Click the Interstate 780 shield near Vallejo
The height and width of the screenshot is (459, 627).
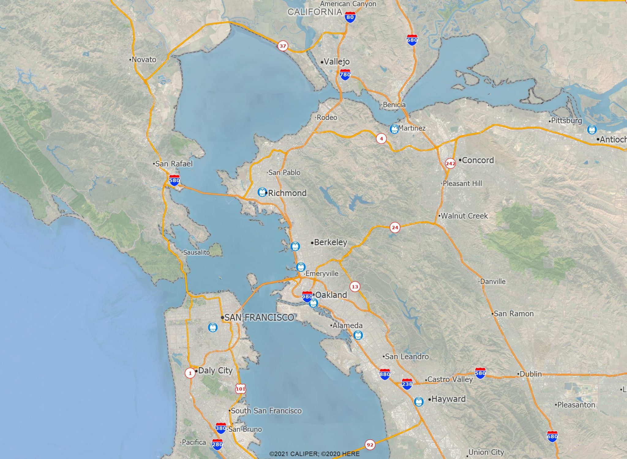click(x=345, y=75)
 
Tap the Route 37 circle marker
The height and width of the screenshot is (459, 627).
click(x=283, y=46)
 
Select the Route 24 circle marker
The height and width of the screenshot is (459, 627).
click(x=395, y=228)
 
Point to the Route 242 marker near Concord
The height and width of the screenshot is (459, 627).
click(x=450, y=163)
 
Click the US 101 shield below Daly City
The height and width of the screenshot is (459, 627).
click(x=241, y=389)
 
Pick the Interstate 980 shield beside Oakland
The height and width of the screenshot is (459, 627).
click(x=307, y=296)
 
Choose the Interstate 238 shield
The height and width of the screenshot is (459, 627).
click(x=407, y=384)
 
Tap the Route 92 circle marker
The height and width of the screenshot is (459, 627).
click(x=370, y=445)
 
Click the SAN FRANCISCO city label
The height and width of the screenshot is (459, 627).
click(x=259, y=318)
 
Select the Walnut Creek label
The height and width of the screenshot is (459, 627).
click(x=464, y=216)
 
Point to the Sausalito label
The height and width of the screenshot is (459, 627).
click(x=197, y=253)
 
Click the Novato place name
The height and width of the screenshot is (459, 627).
click(x=144, y=60)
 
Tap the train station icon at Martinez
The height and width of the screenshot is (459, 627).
click(x=394, y=129)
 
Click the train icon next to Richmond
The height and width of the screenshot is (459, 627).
click(x=262, y=192)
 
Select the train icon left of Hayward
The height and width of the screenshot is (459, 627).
click(x=419, y=401)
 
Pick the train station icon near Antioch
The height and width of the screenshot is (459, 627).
click(x=592, y=129)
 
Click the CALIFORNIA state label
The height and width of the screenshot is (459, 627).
click(x=315, y=12)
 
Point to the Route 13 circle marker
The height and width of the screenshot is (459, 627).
click(x=355, y=287)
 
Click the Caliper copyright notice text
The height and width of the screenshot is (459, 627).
click(x=314, y=454)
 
